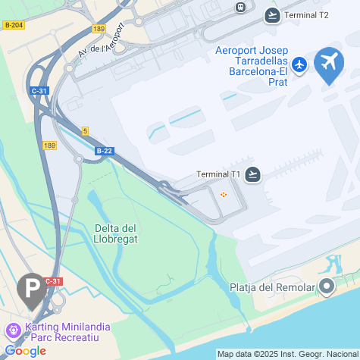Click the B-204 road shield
[14, 25]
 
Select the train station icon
[241, 7]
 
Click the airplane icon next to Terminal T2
[273, 14]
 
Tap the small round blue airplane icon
[300, 64]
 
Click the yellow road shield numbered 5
[86, 131]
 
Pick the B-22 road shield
[105, 151]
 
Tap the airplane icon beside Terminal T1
[253, 174]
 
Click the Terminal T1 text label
[218, 174]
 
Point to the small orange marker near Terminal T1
[224, 196]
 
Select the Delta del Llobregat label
[115, 234]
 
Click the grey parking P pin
[31, 290]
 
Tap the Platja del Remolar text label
[271, 287]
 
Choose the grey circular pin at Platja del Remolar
[327, 286]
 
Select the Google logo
[25, 351]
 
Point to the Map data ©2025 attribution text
[286, 354]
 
